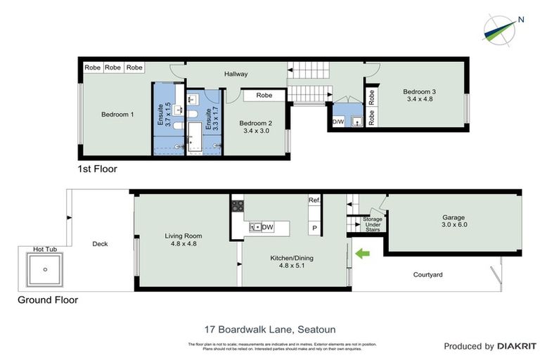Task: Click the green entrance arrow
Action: (363, 252)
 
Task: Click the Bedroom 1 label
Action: (117, 114)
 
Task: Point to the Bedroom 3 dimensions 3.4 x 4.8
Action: (419, 99)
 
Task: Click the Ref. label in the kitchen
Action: (314, 200)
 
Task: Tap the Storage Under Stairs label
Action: (372, 224)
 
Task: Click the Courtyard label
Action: (427, 274)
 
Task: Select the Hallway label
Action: (238, 73)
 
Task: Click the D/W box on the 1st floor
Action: (338, 122)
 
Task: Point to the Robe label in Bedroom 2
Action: (264, 95)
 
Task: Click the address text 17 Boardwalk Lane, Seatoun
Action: (270, 329)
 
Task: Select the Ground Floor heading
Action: (48, 300)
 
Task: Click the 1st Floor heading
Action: (97, 169)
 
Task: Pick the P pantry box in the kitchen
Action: (314, 229)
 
